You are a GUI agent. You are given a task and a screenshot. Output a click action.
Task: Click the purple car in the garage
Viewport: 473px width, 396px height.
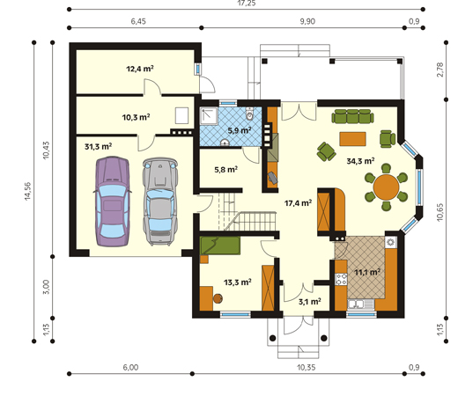[x=112, y=202]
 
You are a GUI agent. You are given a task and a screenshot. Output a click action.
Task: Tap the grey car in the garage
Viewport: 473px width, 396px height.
[x=160, y=202]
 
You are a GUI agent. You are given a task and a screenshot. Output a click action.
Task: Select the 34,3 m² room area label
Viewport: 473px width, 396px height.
[x=360, y=161]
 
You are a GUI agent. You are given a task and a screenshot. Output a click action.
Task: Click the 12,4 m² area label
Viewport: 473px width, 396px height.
[x=140, y=69]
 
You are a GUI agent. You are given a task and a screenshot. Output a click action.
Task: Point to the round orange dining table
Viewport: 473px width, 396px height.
[x=386, y=187]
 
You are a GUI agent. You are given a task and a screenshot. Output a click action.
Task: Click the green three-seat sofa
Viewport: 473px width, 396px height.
[x=352, y=116]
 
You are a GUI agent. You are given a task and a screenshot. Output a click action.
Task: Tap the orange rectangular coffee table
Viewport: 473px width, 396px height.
[x=352, y=139]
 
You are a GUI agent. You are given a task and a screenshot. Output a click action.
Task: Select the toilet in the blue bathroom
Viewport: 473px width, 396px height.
[x=249, y=114]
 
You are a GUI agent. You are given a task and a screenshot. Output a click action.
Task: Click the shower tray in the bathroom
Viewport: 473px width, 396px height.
[x=209, y=116]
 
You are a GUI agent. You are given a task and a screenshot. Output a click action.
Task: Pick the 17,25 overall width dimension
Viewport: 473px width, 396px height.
[x=247, y=4]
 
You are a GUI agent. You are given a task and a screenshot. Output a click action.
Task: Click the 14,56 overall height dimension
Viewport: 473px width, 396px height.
[x=28, y=191]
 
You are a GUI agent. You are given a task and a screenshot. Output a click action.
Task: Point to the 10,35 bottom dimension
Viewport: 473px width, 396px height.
[x=306, y=367]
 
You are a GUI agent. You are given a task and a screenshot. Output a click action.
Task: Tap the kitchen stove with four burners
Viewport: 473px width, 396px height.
[x=341, y=279]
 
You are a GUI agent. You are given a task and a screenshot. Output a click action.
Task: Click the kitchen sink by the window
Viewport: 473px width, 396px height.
[x=361, y=304]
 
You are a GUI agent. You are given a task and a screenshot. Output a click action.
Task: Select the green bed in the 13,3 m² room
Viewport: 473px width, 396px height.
[x=220, y=246]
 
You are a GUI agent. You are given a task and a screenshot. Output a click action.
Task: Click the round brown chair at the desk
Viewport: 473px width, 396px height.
[x=218, y=298]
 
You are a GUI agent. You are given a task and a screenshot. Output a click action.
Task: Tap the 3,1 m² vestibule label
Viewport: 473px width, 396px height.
[x=309, y=301]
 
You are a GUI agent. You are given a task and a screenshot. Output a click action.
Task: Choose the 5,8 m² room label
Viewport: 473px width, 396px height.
[x=226, y=170]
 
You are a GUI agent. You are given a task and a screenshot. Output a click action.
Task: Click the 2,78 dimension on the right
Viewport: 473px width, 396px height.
[x=440, y=70]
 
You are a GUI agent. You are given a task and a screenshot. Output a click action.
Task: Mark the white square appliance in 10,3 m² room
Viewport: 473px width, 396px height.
[x=182, y=115]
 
